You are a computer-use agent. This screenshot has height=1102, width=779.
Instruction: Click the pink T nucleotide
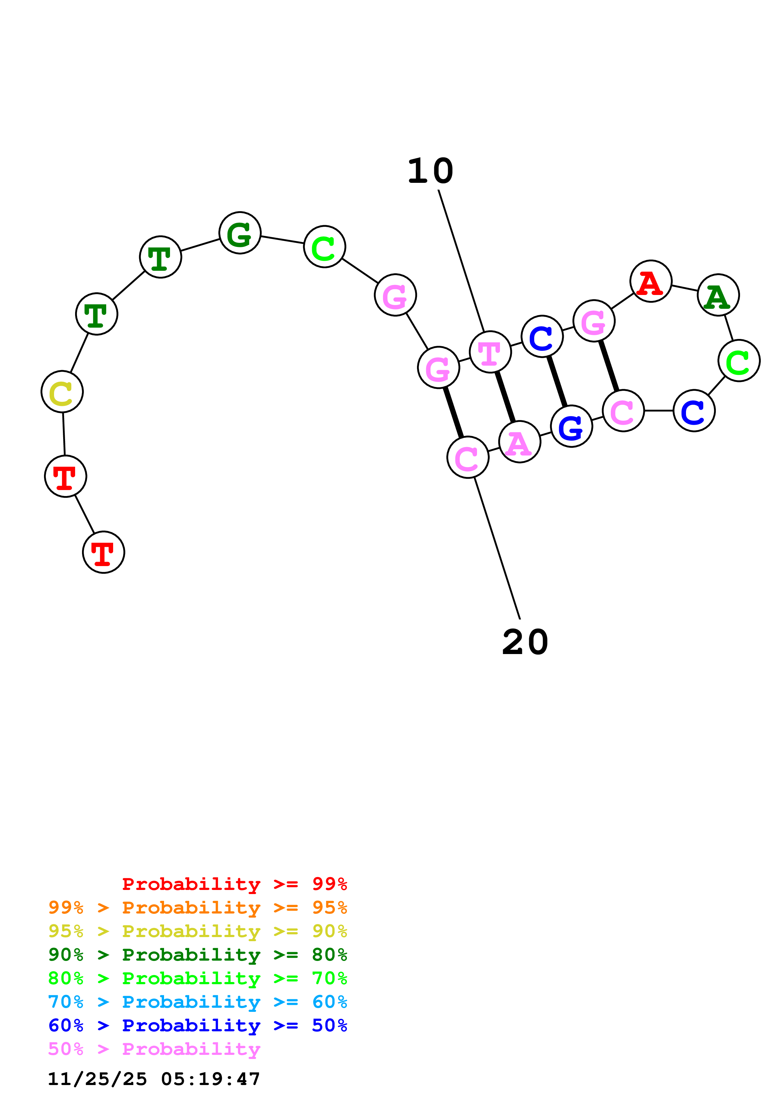coord(490,352)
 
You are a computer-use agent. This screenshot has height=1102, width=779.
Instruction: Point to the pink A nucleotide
coord(519,442)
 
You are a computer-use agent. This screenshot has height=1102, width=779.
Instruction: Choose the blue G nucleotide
coord(571,426)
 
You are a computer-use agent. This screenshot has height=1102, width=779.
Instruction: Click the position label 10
coord(430,171)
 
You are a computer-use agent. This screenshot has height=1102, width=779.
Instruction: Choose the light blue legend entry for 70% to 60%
coord(197,1002)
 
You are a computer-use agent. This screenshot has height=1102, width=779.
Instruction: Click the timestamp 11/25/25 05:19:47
coord(154,1079)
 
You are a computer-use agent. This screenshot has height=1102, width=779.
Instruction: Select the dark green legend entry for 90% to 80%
coord(197,955)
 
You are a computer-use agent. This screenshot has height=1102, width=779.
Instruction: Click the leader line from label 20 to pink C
coord(497,548)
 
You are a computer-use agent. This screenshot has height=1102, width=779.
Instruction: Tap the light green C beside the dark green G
coord(325,247)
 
